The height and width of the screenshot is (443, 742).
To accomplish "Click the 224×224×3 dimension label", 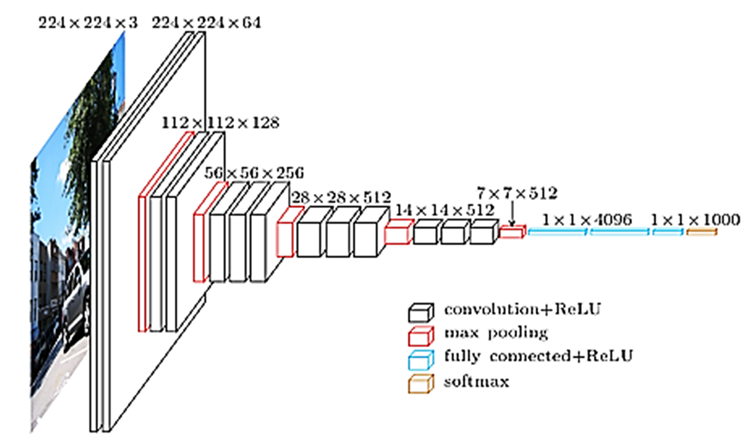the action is coord(88,23).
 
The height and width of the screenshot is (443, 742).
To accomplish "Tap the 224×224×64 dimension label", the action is coord(207,23).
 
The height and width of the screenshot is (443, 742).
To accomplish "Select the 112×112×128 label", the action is coord(220,123).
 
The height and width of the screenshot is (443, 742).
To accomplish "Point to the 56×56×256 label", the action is coord(254,173).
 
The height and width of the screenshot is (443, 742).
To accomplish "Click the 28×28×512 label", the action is coord(341,198).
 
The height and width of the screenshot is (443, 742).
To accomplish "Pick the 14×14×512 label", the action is coord(445,210).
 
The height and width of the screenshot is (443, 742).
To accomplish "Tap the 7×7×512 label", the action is coord(517,193).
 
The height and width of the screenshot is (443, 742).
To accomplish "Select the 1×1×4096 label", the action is coord(587,220).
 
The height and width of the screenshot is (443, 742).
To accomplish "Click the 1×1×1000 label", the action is coord(695,220).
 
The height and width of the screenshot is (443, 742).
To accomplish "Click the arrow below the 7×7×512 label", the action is coord(512,214).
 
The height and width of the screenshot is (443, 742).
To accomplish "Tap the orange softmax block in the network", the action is coord(702,232).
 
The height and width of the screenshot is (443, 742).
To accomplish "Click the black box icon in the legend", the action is coord(421,312).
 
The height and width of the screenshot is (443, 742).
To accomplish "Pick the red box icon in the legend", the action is coord(421,336).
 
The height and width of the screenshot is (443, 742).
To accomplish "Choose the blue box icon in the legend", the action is coord(421,360).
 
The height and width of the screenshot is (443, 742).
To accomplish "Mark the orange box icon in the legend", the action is coord(421,384).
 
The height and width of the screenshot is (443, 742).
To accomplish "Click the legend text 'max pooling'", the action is coord(496,333).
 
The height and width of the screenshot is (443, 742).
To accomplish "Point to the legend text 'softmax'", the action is coord(476,382).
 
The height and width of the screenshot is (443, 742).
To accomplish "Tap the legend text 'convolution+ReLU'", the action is coord(523,309).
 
